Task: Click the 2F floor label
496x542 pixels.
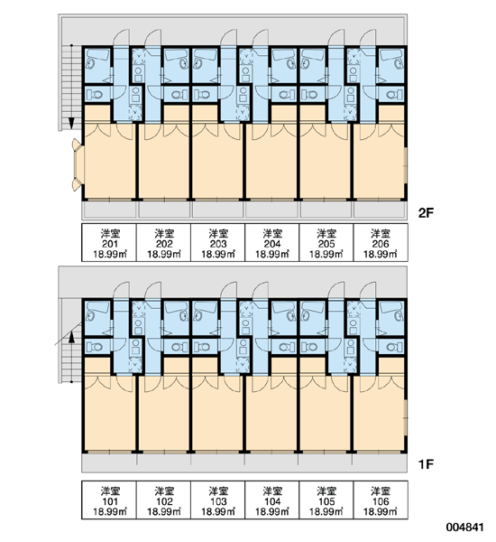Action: [426, 213]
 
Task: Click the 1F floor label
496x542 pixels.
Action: [426, 464]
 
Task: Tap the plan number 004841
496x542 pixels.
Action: [464, 528]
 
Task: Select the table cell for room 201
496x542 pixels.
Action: [109, 243]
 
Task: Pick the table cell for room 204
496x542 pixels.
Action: [272, 243]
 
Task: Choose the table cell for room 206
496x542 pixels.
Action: [381, 243]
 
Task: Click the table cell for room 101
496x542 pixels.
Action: [109, 500]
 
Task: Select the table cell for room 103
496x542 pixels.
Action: [218, 500]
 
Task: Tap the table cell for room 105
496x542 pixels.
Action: [326, 500]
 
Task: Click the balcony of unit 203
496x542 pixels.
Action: [218, 210]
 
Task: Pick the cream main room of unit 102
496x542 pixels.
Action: [164, 413]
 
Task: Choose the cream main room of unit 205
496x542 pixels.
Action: [326, 161]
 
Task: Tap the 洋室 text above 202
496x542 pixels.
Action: [164, 233]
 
